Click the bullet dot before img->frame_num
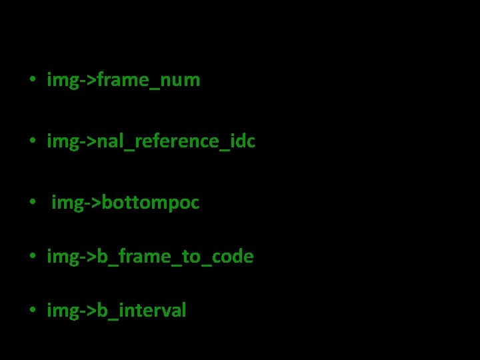click(31, 81)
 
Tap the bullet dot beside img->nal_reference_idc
click(31, 142)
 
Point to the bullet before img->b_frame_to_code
click(31, 257)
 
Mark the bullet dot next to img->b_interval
click(31, 311)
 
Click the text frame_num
click(149, 81)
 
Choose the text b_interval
click(141, 311)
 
